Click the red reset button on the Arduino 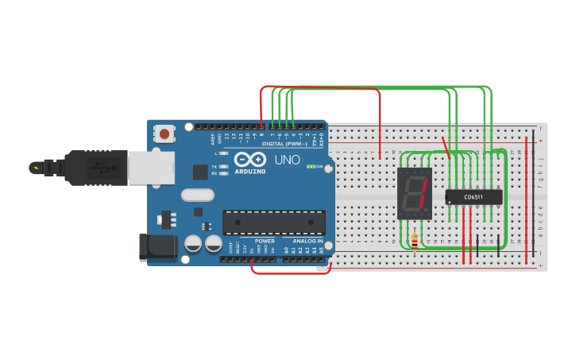pos(164,134)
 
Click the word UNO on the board pos(288,160)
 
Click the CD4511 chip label pos(474,196)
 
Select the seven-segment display pos(414,193)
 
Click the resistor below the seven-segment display pos(415,242)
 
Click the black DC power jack pos(157,247)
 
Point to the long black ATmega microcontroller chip pos(274,222)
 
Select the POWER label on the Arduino pos(265,241)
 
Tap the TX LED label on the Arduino pos(215,166)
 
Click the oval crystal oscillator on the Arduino pos(198,195)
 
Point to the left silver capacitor pos(193,243)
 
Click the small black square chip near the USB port pos(199,172)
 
